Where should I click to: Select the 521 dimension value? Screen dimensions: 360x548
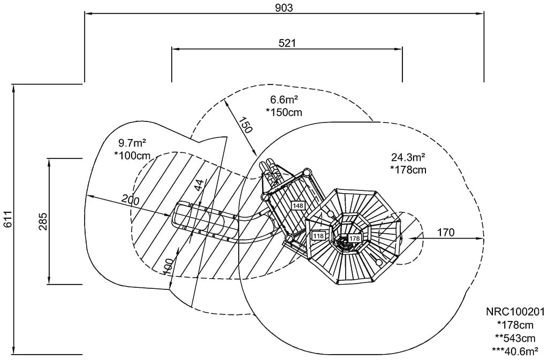point(287,43)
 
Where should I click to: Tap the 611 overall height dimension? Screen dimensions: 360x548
point(7,219)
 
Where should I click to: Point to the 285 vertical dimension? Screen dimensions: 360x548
point(43,221)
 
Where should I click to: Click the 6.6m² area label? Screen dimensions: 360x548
point(284,100)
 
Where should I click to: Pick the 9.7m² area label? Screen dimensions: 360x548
point(132,143)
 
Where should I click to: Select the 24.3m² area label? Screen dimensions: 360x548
point(408,158)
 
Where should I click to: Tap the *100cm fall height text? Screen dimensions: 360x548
point(132,155)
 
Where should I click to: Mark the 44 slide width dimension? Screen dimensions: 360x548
point(199,186)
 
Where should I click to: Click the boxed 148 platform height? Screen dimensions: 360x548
point(298,205)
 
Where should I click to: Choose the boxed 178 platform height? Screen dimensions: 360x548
point(355,239)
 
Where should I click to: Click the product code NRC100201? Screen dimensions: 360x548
point(515,312)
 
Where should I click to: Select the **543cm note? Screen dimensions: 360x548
point(515,338)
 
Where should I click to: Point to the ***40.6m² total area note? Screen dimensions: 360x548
point(515,351)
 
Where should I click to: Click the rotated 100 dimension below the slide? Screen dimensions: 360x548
point(168,266)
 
